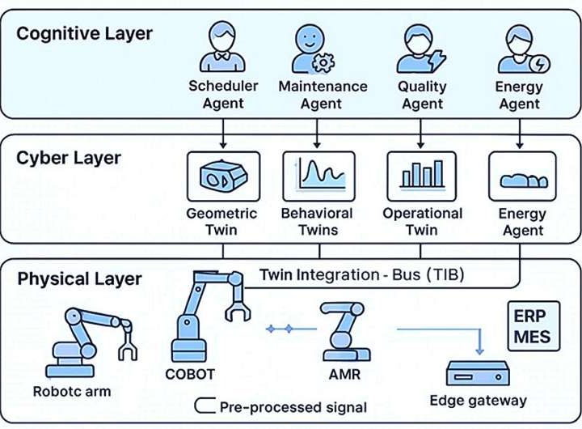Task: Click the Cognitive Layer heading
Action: point(84,33)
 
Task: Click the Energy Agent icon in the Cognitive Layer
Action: point(517,49)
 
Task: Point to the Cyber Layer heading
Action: point(68,157)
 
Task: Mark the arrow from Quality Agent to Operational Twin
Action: point(420,130)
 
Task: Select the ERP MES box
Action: point(532,325)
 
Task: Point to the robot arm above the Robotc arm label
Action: point(89,340)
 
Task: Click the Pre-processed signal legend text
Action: point(293,406)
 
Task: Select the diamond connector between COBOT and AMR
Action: point(280,329)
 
